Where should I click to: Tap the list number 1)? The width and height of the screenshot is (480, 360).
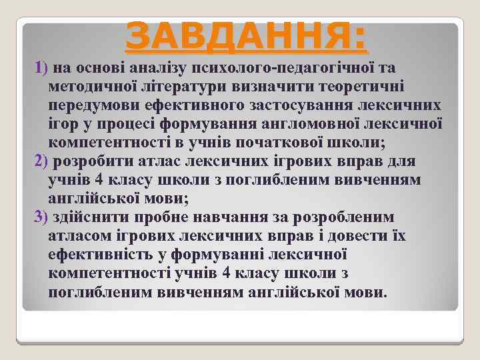coord(41,67)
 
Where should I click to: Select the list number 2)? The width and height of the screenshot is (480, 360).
coord(41,161)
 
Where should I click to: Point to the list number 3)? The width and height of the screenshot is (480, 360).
coord(41,218)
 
